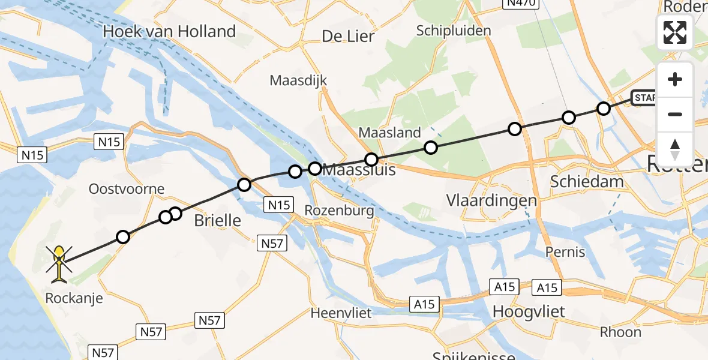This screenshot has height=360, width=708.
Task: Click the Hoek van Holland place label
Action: tap(170, 32)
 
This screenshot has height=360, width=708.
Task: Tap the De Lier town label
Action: tap(348, 36)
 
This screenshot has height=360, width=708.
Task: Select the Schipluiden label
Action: tap(454, 31)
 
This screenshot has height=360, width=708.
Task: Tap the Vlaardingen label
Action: tap(491, 200)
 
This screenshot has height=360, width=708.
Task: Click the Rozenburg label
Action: tap(339, 211)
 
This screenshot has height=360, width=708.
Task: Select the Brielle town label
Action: tap(217, 221)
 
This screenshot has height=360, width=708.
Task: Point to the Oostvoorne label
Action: tap(126, 189)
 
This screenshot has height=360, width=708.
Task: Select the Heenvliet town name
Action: tap(341, 313)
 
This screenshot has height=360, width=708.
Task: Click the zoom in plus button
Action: tap(675, 80)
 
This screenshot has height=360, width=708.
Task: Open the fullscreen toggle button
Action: tap(675, 32)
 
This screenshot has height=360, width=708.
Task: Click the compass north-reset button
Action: tap(675, 149)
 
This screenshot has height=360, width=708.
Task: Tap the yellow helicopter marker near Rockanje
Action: tap(59, 263)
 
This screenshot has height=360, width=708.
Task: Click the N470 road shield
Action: tap(520, 4)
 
